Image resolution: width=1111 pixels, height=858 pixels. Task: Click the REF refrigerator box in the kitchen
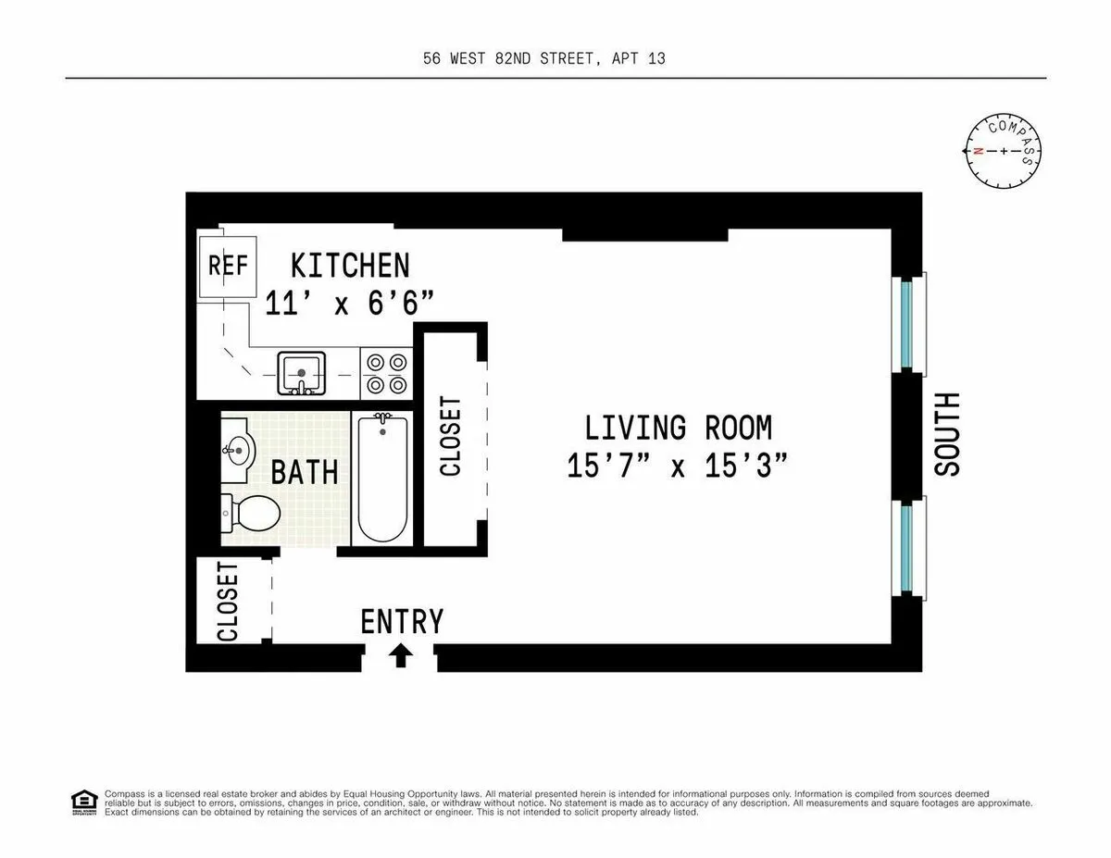(227, 266)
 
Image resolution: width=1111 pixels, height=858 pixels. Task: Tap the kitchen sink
(301, 373)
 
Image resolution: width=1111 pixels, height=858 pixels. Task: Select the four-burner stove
(386, 373)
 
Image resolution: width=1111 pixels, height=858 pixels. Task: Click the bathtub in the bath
(383, 479)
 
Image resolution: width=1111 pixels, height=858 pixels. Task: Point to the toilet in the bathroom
(251, 511)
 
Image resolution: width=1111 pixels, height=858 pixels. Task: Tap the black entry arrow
(400, 655)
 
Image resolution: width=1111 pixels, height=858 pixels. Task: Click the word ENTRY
(402, 621)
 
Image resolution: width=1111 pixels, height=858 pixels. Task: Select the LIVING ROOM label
(678, 428)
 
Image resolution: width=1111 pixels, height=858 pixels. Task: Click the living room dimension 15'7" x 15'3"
(678, 466)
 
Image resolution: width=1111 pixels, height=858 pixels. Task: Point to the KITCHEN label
(350, 266)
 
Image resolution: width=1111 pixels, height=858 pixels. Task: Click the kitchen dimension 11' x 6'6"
(349, 303)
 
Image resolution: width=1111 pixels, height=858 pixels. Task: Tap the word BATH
(304, 472)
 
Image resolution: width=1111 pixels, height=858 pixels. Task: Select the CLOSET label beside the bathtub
(451, 436)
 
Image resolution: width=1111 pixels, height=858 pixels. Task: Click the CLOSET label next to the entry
(228, 602)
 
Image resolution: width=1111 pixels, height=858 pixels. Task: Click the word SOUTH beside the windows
(947, 434)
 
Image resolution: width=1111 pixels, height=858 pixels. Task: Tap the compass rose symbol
(1005, 150)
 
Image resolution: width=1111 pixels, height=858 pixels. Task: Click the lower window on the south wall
(907, 546)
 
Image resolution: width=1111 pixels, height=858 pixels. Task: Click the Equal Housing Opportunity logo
(84, 802)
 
